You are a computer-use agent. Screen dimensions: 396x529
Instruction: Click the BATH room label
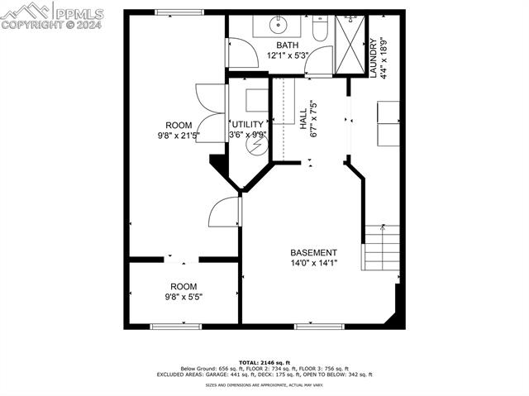[288, 46]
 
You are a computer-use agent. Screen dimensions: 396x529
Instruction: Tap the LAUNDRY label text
[374, 57]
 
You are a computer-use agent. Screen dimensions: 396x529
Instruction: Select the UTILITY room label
[247, 125]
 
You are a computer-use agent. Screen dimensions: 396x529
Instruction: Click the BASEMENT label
[313, 253]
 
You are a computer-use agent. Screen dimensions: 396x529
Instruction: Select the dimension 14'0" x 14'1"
[313, 264]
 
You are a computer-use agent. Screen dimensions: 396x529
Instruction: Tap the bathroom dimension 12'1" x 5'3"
[288, 56]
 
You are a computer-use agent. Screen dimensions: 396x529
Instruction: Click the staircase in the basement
[382, 247]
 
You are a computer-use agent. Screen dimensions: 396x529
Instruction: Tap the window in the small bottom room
[175, 326]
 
